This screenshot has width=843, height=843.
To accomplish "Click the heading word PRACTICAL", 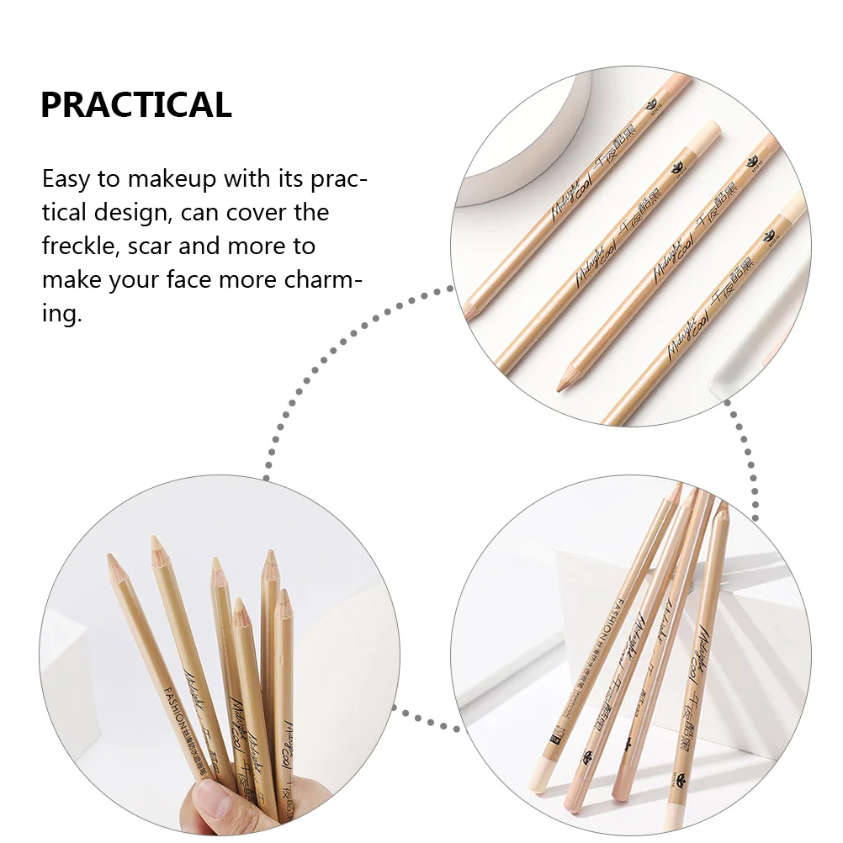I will pos(135,105).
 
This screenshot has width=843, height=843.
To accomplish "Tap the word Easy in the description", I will pos(67,179).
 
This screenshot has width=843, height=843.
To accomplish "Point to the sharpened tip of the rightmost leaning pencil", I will pos(720,511).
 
